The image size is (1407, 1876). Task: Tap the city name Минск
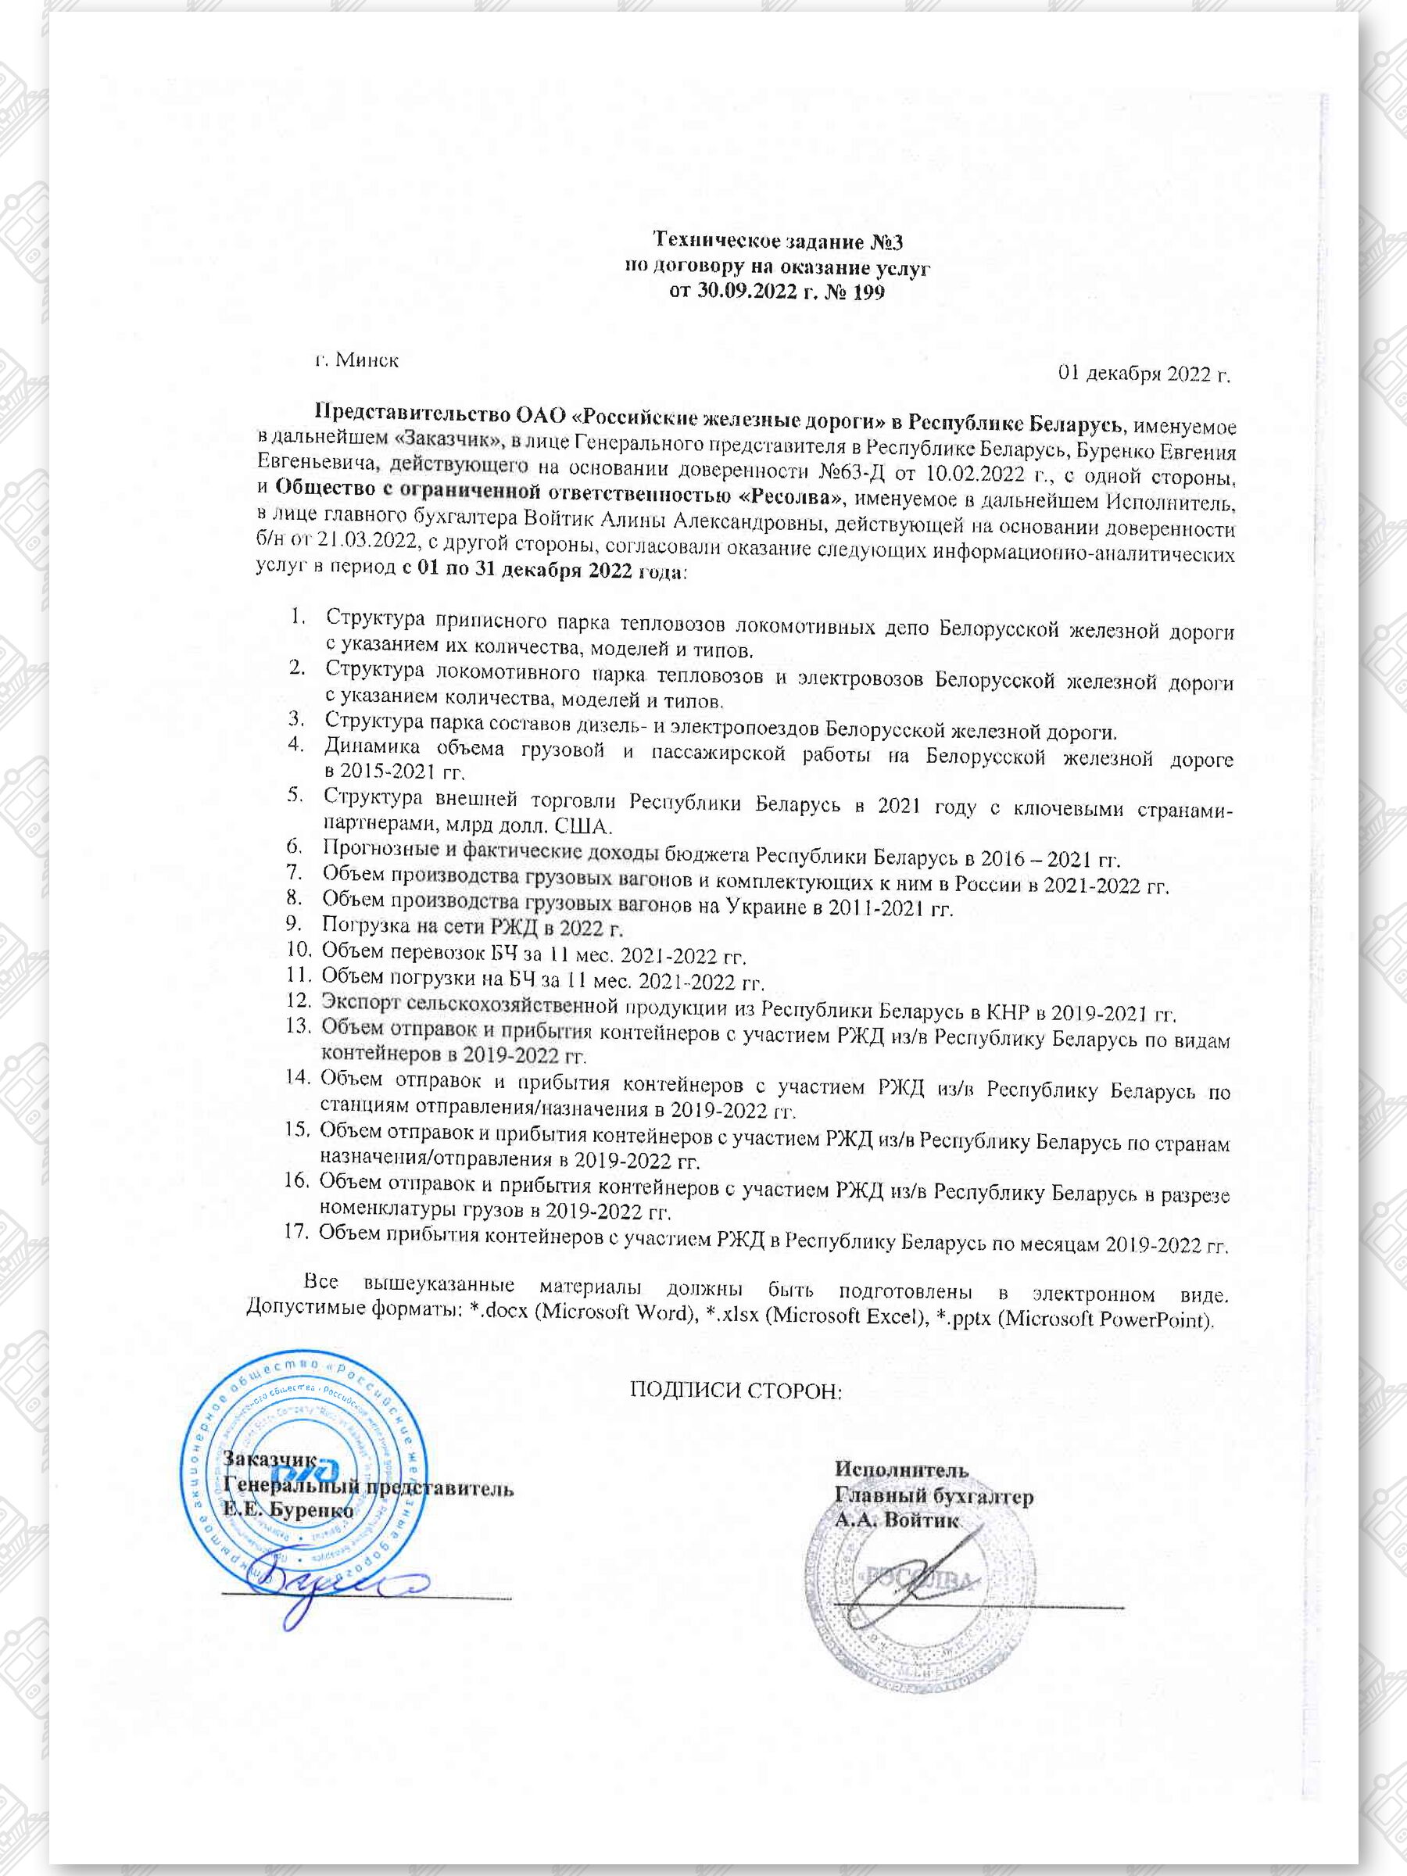point(367,360)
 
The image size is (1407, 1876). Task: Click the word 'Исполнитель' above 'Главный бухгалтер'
point(901,1469)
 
